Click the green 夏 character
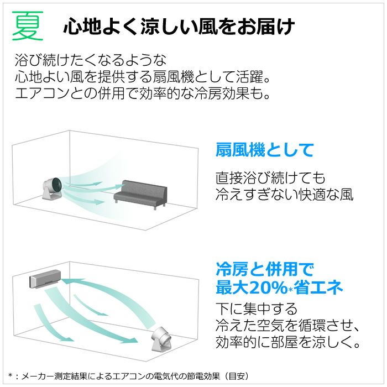[28, 25]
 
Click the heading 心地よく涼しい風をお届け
[180, 26]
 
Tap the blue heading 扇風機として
[265, 150]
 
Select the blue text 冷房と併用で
[265, 269]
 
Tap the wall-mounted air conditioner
[45, 279]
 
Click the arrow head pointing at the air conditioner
[66, 282]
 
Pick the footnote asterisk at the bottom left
[11, 376]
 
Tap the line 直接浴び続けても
[270, 178]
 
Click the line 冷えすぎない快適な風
[284, 195]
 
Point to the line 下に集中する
[257, 309]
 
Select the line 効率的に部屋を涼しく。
[288, 342]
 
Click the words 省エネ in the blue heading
[318, 287]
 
